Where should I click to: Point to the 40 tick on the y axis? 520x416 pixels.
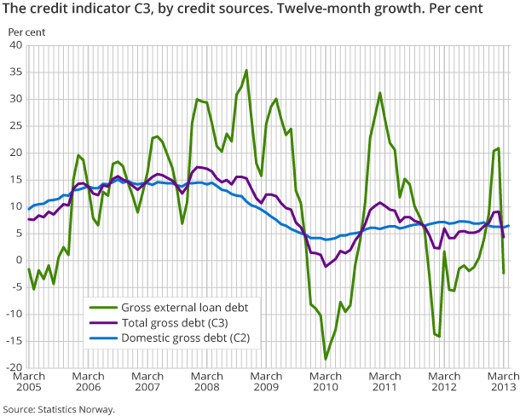(x=15, y=46)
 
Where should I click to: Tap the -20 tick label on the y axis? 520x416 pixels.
(x=13, y=368)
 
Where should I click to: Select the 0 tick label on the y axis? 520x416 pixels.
(x=18, y=261)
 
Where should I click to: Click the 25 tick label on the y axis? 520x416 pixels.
(x=15, y=126)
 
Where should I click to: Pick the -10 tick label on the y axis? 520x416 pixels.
(x=13, y=315)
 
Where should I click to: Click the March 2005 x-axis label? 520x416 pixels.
(x=29, y=382)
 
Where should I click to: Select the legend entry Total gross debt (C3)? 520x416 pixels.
(x=170, y=324)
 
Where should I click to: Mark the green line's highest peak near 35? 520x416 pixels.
(x=246, y=71)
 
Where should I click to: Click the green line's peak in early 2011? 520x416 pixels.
(x=379, y=93)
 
